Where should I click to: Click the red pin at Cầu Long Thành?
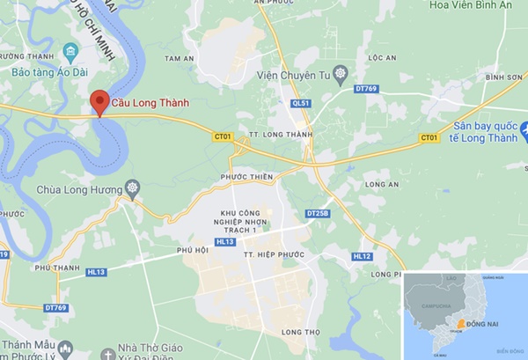100,101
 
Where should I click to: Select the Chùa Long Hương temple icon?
133,187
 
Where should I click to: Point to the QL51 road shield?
301,103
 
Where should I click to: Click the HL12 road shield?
362,256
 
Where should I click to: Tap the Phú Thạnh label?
49,267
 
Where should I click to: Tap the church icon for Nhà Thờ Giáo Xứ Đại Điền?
107,354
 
